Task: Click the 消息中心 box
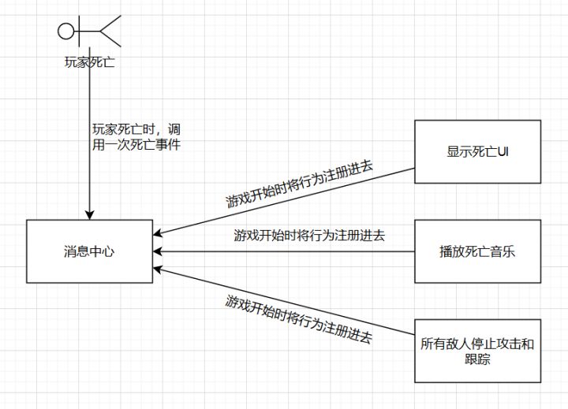pyautogui.click(x=89, y=251)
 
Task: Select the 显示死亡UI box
pyautogui.click(x=477, y=151)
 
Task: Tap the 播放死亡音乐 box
pyautogui.click(x=477, y=251)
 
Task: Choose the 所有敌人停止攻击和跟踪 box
pyautogui.click(x=477, y=351)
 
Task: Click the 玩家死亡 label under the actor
pyautogui.click(x=89, y=61)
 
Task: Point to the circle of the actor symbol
pyautogui.click(x=66, y=32)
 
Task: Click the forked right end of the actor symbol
pyautogui.click(x=110, y=32)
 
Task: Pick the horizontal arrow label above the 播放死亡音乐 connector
pyautogui.click(x=309, y=235)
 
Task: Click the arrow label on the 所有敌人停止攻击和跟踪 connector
pyautogui.click(x=299, y=318)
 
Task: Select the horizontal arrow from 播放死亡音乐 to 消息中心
pyautogui.click(x=284, y=252)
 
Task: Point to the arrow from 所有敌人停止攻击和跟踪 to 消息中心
pyautogui.click(x=284, y=301)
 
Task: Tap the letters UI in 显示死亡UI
pyautogui.click(x=501, y=151)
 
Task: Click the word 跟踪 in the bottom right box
pyautogui.click(x=477, y=359)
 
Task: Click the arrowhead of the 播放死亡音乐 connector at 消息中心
pyautogui.click(x=159, y=252)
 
